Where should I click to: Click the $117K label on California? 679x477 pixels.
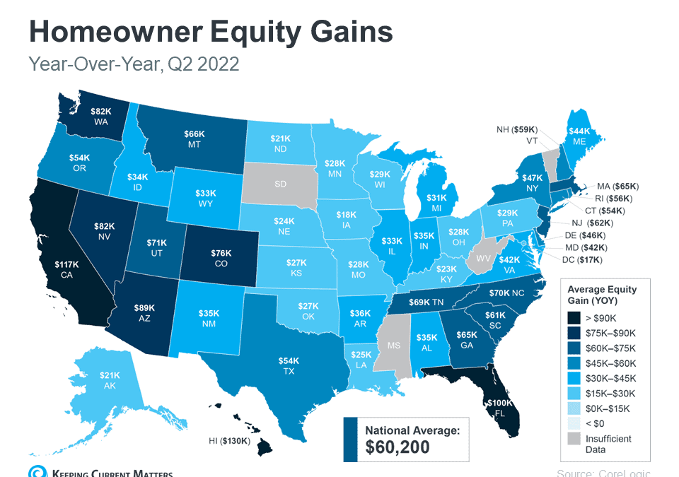(67, 264)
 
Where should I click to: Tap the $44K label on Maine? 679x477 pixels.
(579, 131)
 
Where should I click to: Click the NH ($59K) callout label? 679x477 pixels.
(517, 129)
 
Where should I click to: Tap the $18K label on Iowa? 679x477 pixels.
(346, 214)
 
